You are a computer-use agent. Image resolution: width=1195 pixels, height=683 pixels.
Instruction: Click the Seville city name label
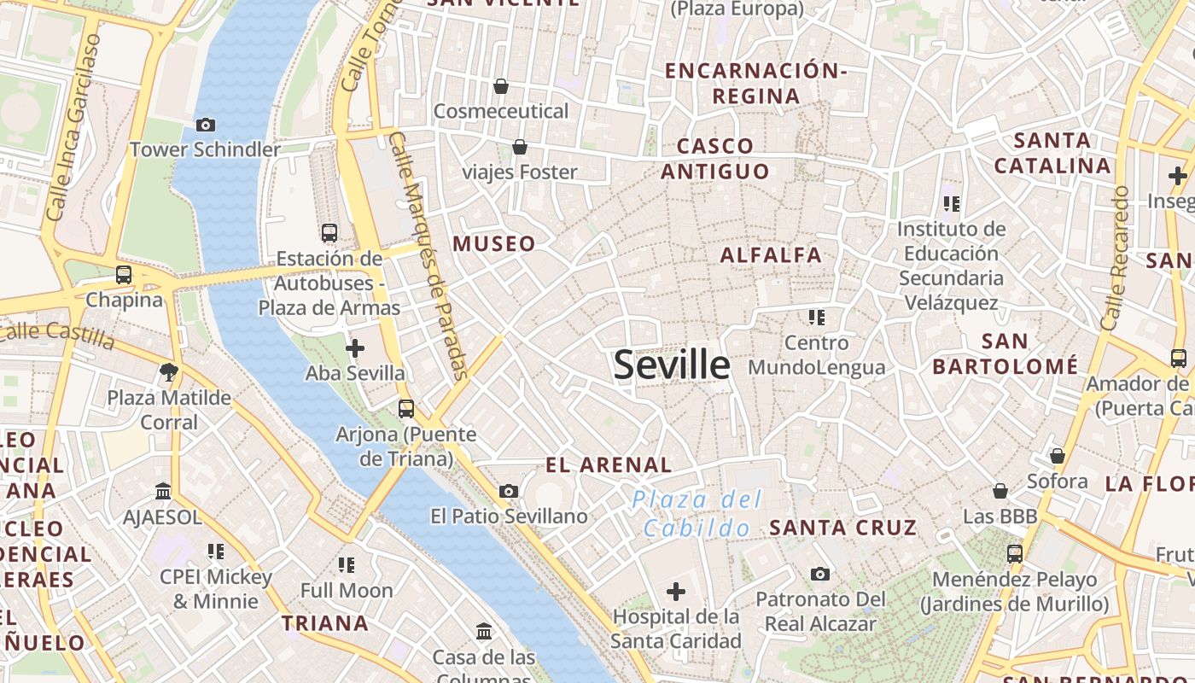click(x=672, y=365)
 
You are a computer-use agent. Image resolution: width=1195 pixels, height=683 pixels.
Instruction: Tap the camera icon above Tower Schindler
click(x=205, y=126)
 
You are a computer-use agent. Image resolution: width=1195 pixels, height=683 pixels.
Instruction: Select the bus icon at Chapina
click(x=124, y=275)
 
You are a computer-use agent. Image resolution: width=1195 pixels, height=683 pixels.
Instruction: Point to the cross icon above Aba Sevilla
click(x=355, y=348)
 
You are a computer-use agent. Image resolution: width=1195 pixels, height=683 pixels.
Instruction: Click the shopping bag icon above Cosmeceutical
click(x=501, y=86)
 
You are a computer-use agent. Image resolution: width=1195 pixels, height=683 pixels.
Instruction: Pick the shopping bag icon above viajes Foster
click(x=519, y=148)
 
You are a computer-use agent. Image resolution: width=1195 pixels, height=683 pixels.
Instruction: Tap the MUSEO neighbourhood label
click(x=494, y=244)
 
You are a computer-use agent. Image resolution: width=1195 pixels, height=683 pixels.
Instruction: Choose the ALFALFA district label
click(x=771, y=255)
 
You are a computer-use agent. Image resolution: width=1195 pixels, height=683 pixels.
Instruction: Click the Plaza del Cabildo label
click(x=697, y=514)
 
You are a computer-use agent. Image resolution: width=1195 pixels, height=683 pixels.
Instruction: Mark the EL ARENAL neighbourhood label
click(x=609, y=465)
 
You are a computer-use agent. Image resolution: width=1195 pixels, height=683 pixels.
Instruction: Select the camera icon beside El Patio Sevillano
click(x=509, y=491)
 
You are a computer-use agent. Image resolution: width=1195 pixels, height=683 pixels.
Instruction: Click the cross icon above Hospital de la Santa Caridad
click(x=676, y=591)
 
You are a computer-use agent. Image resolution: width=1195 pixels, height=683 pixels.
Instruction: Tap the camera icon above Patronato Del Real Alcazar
click(x=820, y=574)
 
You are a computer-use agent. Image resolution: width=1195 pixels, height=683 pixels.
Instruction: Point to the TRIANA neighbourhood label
click(x=325, y=623)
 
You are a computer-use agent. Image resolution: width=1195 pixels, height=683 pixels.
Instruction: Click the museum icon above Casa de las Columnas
click(x=484, y=632)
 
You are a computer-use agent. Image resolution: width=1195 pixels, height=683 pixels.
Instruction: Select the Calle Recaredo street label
click(x=1116, y=259)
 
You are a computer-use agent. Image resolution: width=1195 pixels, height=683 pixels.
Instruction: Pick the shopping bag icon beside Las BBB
click(x=1000, y=491)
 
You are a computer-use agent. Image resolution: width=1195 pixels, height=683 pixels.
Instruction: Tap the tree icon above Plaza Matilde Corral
click(x=169, y=371)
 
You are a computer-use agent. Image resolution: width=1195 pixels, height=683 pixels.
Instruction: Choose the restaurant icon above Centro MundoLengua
click(x=816, y=318)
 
